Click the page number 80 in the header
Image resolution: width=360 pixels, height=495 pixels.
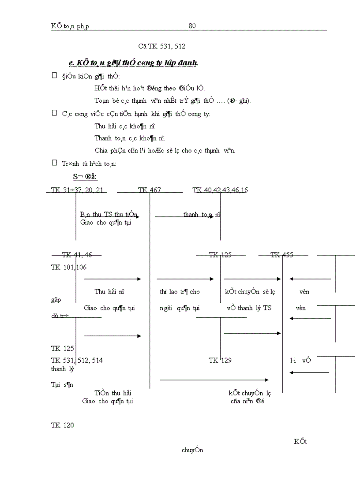(192, 26)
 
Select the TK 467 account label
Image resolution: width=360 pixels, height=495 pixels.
(149, 190)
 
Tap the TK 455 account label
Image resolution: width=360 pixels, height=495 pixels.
(281, 255)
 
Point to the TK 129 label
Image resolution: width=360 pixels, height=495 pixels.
(220, 360)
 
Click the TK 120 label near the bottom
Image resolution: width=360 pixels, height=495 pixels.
(62, 425)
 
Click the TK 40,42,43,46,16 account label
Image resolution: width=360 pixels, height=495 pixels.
(220, 190)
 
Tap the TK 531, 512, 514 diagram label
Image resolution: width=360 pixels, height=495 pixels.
(77, 360)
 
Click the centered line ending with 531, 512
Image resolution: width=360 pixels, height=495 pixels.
(164, 46)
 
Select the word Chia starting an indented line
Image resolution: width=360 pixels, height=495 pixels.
(101, 150)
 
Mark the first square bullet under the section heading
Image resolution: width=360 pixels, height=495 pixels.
(54, 76)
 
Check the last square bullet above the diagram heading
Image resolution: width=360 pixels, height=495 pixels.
(54, 163)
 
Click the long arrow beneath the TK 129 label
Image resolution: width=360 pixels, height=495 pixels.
(214, 380)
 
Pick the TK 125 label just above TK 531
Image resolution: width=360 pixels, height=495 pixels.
(62, 348)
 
